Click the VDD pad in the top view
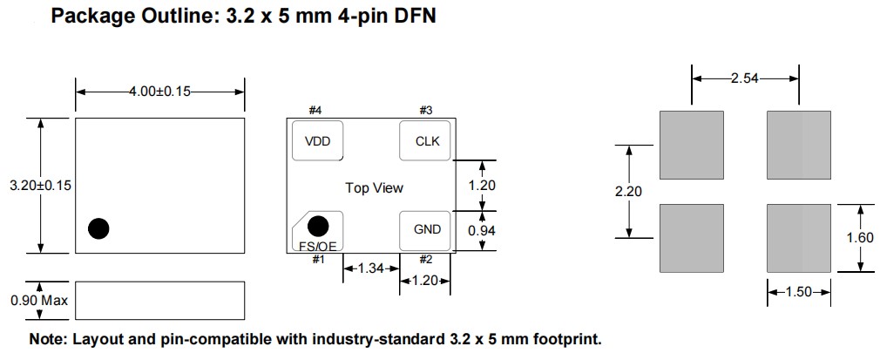point(317,141)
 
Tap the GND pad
point(426,229)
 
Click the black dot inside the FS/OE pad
point(319,226)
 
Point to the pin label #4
point(315,111)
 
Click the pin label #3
point(426,111)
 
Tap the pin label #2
point(426,260)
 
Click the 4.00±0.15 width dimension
point(159,92)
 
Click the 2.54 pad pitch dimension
point(745,78)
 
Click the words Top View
point(375,187)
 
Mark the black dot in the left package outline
point(98,228)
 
